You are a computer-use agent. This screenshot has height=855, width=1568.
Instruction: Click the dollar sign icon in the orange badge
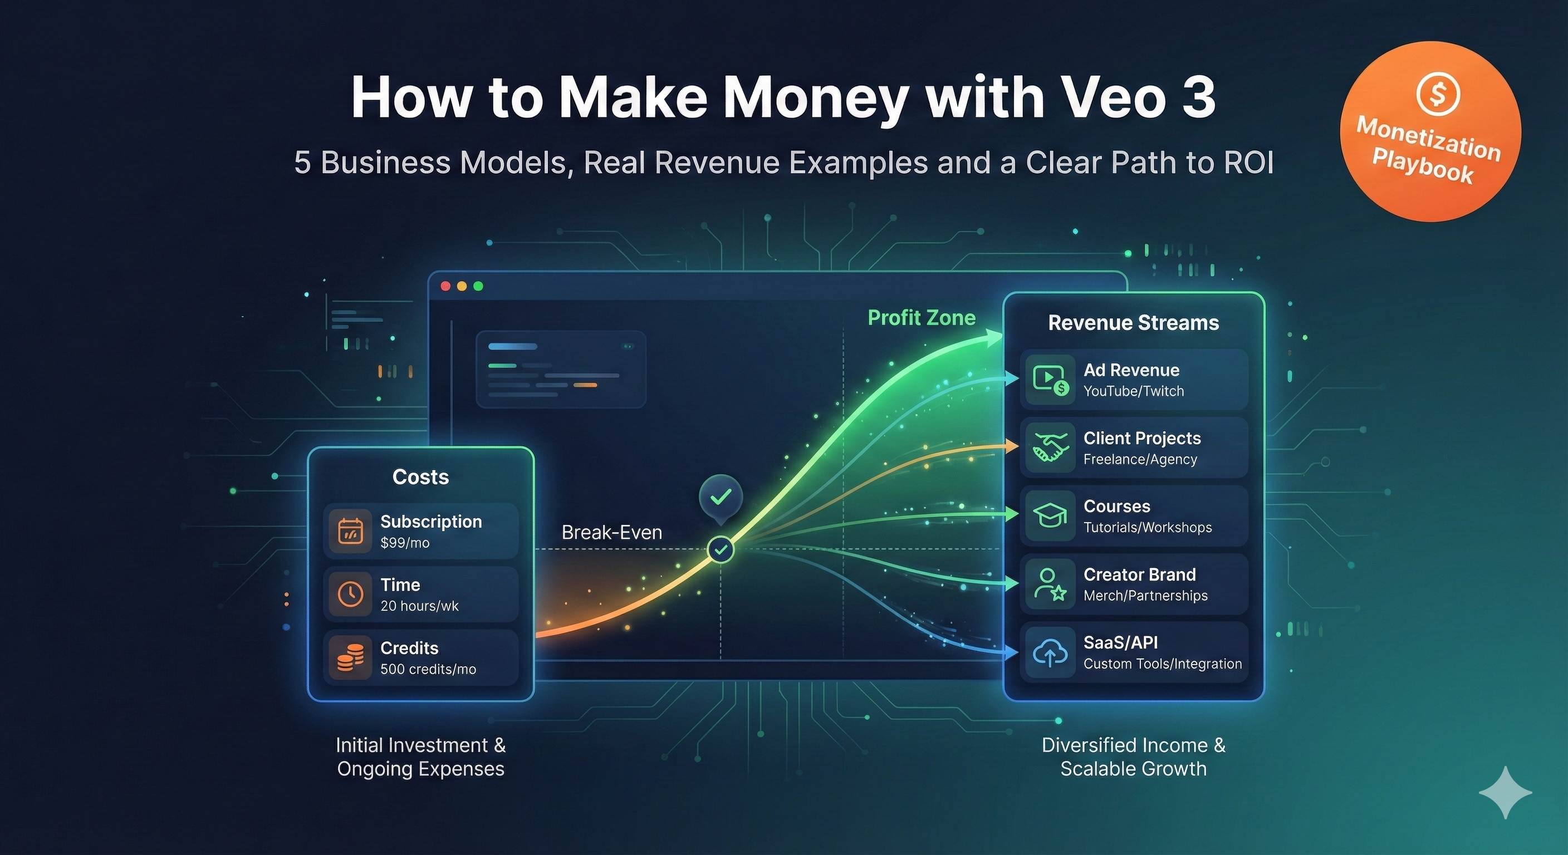point(1438,94)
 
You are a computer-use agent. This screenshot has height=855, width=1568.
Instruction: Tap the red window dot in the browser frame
point(445,286)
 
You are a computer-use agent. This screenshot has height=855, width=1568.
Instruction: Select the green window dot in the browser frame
point(478,286)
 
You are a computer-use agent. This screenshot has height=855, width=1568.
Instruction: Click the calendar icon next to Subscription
point(350,531)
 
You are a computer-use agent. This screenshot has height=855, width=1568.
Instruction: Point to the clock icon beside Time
point(350,594)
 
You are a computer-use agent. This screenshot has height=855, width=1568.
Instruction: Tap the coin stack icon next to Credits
point(350,658)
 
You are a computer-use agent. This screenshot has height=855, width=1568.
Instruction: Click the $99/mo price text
point(405,543)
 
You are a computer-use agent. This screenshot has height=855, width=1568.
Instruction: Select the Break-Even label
point(612,533)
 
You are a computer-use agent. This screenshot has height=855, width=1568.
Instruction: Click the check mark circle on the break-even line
point(721,550)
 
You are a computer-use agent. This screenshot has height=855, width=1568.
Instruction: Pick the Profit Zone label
point(921,318)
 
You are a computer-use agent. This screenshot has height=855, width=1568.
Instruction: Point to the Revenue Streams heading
point(1133,322)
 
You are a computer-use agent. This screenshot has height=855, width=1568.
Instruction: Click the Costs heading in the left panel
point(420,477)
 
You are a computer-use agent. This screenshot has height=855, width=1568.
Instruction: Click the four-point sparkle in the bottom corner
point(1505,792)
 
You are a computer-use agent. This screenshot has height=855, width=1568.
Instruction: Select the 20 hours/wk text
point(419,606)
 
